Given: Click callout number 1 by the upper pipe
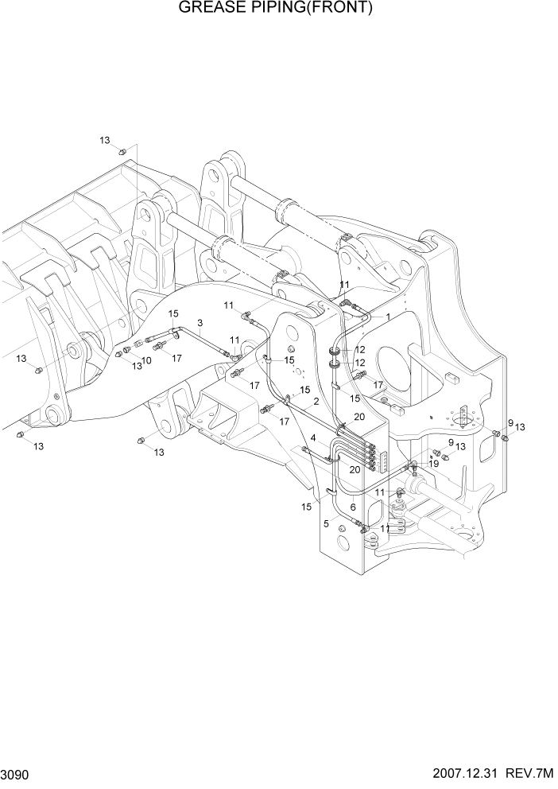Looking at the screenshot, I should pos(388,317).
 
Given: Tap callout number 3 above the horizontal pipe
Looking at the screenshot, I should pos(200,322).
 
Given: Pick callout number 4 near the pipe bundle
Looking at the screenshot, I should pos(313,438).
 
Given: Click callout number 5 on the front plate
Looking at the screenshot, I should pos(325,523).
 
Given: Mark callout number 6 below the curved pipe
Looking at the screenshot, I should pos(352,507).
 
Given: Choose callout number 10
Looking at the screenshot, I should pos(146,360).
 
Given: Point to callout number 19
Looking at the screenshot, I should pos(434,462).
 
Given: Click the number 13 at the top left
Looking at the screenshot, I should pos(104,140).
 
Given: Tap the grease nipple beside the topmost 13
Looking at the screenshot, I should pos(122,151).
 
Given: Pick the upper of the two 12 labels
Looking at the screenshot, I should pos(359,350).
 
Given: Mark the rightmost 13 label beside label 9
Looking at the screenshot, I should pos(520,427).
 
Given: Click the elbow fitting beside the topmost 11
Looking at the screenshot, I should pos(347,301).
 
